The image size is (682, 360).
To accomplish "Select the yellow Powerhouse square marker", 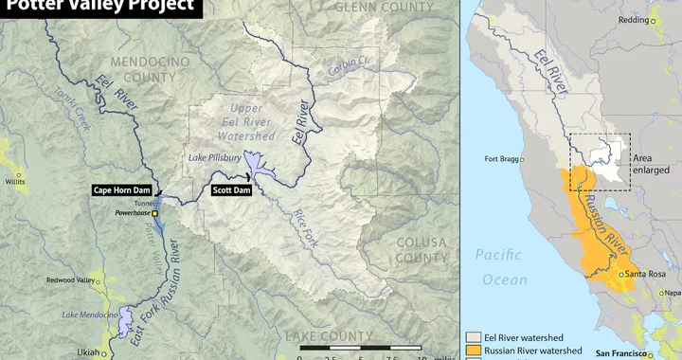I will pyautogui.click(x=154, y=213).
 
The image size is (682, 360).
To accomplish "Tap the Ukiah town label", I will pyautogui.click(x=88, y=351).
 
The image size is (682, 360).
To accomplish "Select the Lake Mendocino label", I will pyautogui.click(x=88, y=315).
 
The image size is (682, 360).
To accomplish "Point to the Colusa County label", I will pyautogui.click(x=421, y=249).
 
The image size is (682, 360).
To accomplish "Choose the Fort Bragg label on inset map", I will pyautogui.click(x=502, y=159).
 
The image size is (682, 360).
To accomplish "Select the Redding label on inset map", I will pyautogui.click(x=660, y=20).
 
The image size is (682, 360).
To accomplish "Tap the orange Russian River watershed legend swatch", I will pyautogui.click(x=476, y=350).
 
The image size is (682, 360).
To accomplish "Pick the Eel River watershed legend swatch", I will pyautogui.click(x=476, y=336).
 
